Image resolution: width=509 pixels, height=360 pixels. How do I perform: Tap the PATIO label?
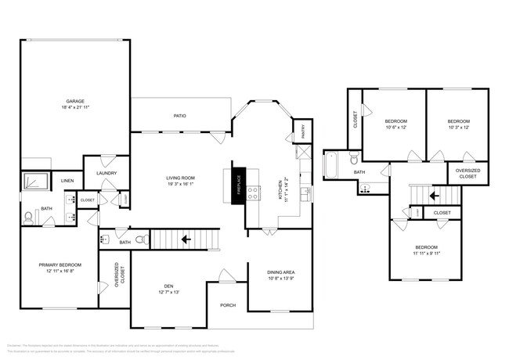pyautogui.click(x=179, y=116)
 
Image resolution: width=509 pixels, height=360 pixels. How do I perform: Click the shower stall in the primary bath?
pyautogui.click(x=35, y=182)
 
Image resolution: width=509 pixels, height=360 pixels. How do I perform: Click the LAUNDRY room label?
pyautogui.click(x=106, y=173)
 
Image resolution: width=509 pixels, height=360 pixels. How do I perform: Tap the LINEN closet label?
pyautogui.click(x=67, y=181)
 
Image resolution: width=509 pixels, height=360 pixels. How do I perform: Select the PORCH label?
pyautogui.click(x=228, y=305)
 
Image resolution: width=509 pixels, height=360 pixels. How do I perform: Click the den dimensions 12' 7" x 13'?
pyautogui.click(x=169, y=292)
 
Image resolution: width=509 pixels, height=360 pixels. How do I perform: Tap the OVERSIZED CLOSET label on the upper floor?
pyautogui.click(x=468, y=173)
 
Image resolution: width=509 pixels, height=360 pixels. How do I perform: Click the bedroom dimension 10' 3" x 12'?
pyautogui.click(x=459, y=128)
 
